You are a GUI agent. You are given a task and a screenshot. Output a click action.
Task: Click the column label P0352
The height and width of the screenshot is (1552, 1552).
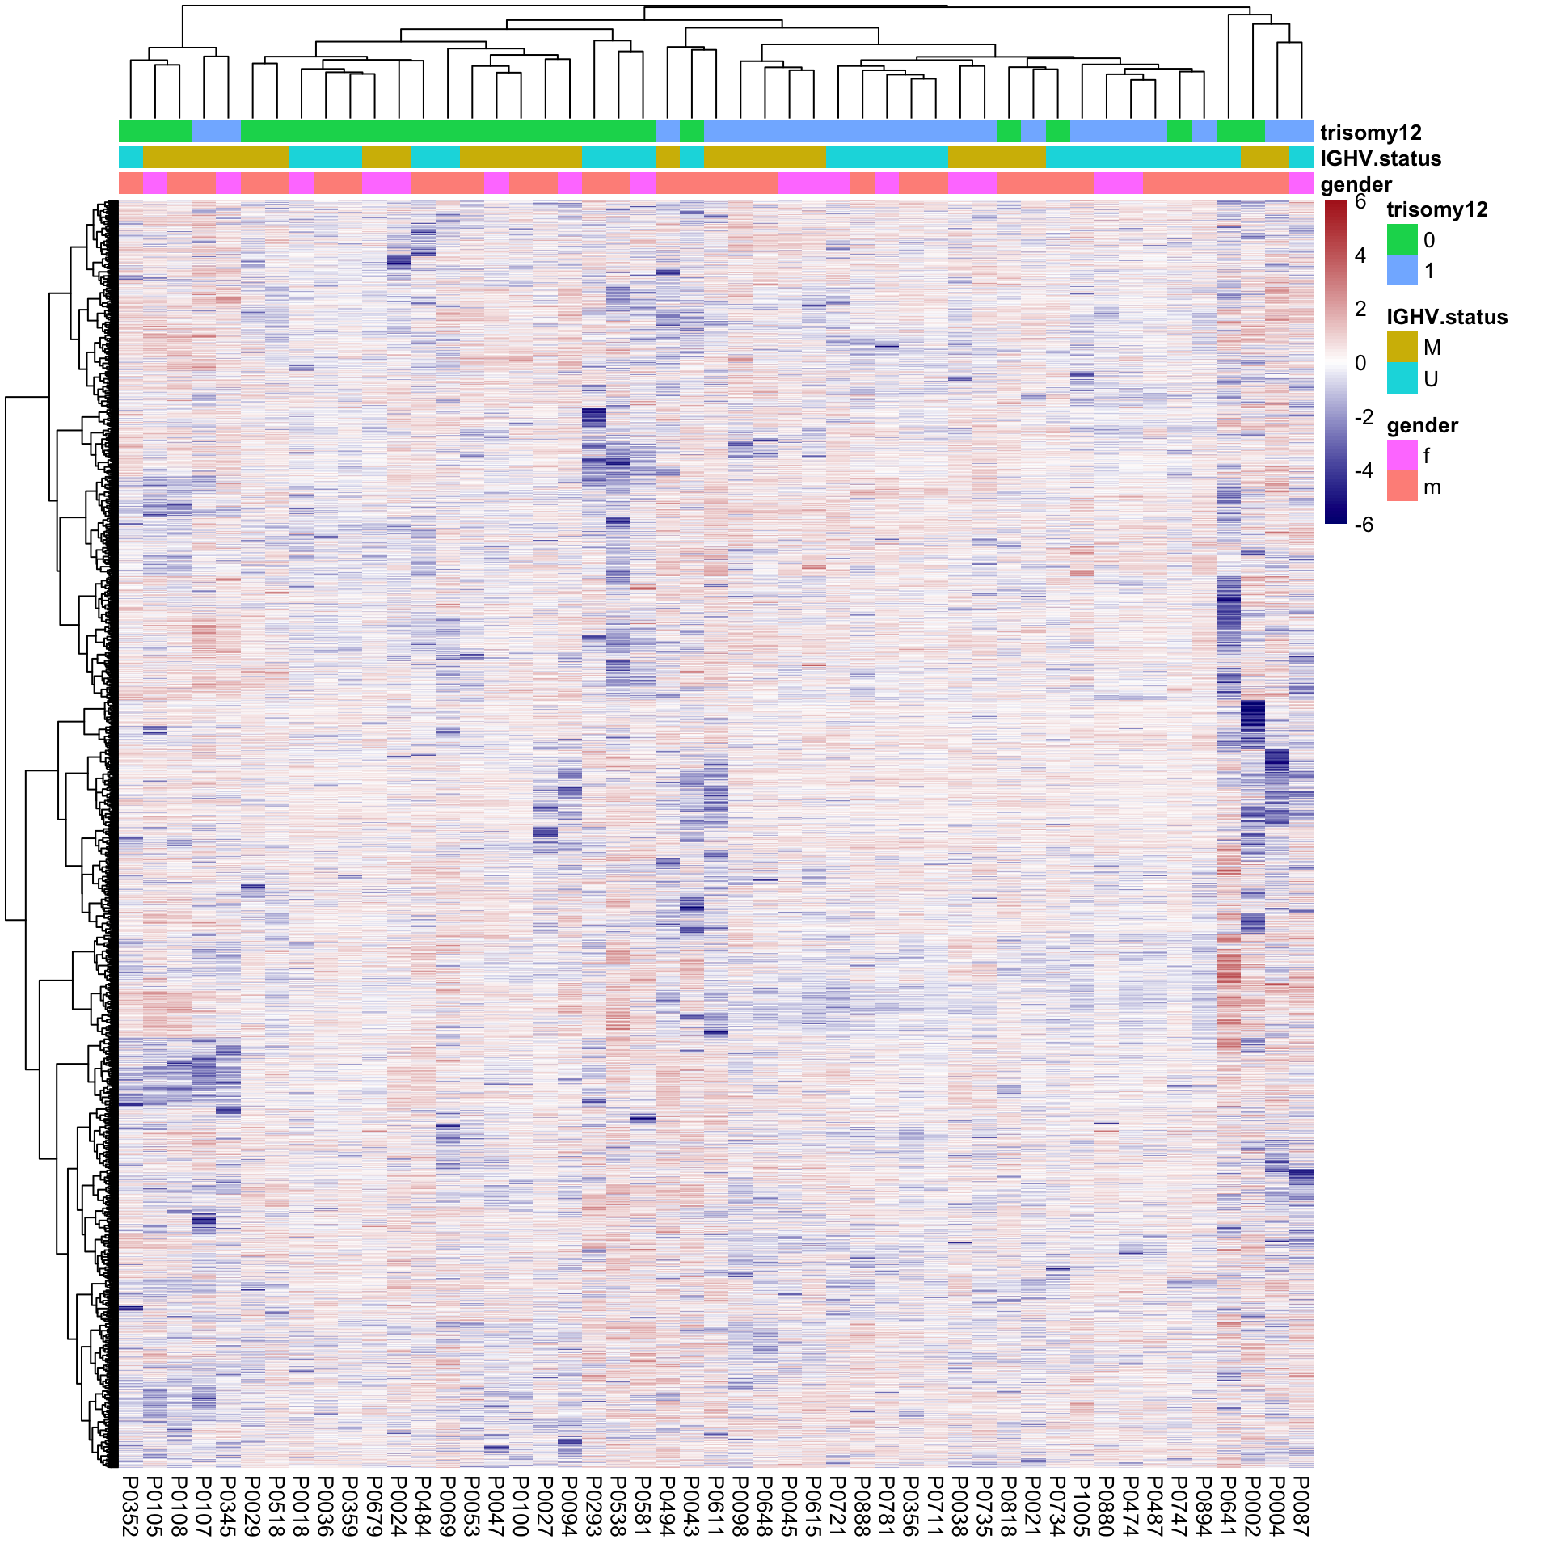pos(130,1505)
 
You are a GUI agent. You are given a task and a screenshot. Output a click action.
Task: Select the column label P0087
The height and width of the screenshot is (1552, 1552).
pos(1301,1505)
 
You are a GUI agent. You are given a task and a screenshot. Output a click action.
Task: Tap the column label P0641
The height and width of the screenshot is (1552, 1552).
pos(1228,1505)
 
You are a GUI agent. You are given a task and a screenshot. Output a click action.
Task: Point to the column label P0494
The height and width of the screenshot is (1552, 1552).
pos(668,1505)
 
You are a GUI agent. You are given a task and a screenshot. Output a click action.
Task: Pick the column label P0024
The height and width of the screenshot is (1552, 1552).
pos(399,1505)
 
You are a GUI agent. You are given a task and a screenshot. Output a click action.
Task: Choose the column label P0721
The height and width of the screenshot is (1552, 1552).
pos(838,1505)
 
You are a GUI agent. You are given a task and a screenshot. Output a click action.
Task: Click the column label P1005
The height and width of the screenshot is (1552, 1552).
pos(1082,1505)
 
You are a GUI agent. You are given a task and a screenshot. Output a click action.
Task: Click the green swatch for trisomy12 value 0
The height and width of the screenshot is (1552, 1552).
pos(1402,240)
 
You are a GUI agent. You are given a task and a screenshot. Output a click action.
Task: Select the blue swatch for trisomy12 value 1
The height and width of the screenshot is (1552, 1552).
pos(1402,271)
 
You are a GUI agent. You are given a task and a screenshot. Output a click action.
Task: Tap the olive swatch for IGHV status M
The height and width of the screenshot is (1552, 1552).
pos(1402,348)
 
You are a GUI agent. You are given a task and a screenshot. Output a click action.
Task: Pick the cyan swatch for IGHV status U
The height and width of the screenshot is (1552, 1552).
pos(1402,378)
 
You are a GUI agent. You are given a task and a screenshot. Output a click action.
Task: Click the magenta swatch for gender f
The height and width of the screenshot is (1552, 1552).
pos(1402,456)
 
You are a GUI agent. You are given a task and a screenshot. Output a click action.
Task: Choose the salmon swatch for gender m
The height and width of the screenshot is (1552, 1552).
pos(1402,487)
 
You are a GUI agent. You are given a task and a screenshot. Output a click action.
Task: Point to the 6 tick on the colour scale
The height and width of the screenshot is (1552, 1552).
pos(1360,202)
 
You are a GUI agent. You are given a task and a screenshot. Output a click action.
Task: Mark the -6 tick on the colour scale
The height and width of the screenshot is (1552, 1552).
pos(1363,525)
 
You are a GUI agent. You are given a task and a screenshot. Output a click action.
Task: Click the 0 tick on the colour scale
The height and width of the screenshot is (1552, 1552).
pos(1360,363)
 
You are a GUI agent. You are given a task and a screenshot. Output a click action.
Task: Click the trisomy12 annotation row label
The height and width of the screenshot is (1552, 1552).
pos(1371,133)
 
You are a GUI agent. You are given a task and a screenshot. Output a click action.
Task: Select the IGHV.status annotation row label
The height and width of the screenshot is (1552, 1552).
pos(1381,158)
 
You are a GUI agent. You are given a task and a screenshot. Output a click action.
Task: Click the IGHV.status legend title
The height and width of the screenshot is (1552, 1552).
pos(1447,317)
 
